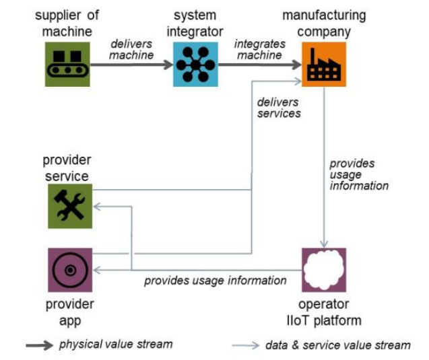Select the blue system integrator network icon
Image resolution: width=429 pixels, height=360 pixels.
[195, 65]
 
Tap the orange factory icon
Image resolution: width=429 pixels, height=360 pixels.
[324, 65]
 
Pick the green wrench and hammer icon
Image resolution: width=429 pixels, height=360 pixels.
[70, 206]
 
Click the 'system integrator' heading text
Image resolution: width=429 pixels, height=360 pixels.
[195, 24]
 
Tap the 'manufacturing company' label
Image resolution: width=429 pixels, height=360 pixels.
[324, 24]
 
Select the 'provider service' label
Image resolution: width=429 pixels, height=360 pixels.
[67, 168]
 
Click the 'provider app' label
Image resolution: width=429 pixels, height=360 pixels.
[70, 312]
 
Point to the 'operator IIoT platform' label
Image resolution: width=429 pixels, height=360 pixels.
[324, 312]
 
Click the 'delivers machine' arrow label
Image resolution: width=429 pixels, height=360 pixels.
[131, 48]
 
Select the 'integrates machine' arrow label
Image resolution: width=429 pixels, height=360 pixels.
[259, 48]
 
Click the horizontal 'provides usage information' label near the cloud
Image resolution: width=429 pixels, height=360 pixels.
[216, 281]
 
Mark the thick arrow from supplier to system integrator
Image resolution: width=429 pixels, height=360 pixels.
[131, 65]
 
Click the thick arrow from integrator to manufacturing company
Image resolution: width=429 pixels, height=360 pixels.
[259, 65]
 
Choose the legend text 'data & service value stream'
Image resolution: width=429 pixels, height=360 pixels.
[337, 345]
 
